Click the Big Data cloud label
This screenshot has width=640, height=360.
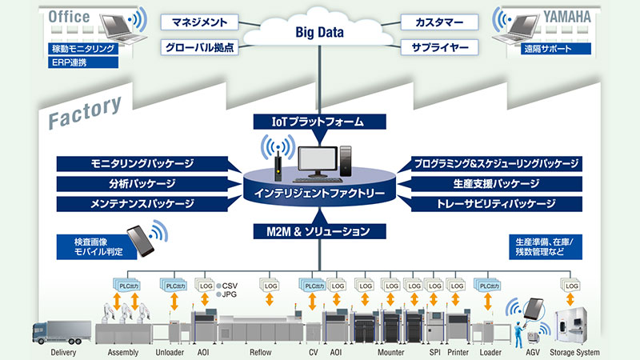tap(321, 34)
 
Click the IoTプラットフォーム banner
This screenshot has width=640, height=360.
tap(319, 122)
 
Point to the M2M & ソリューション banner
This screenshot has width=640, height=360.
tap(319, 232)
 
